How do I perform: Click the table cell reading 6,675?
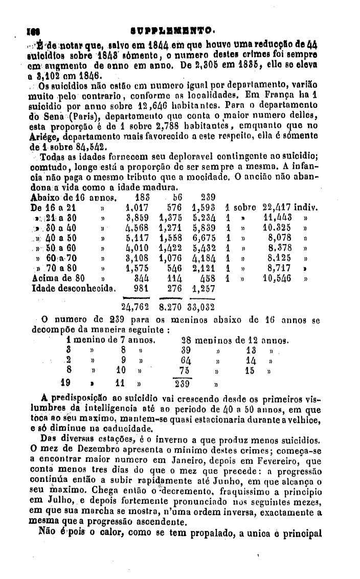tap(205, 238)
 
